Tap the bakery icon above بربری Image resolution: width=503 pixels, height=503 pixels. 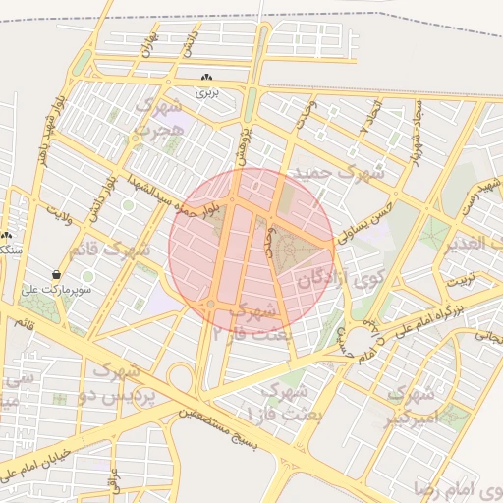[x=206, y=78]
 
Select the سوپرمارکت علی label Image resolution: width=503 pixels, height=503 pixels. [x=59, y=291]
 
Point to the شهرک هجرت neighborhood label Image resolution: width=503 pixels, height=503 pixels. [x=159, y=117]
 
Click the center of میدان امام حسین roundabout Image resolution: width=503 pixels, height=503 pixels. [x=361, y=339]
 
